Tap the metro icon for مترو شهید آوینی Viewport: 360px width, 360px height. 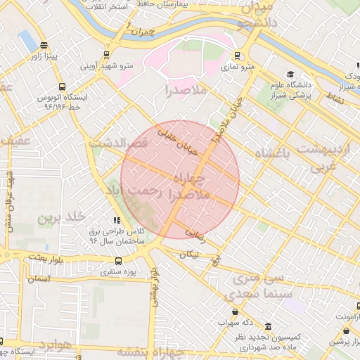click(x=106, y=54)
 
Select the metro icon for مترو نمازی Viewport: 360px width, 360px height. click(x=237, y=55)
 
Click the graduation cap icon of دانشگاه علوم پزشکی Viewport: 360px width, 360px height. click(x=290, y=75)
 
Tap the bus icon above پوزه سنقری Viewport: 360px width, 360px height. click(x=118, y=259)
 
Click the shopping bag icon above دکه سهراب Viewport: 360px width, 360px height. click(x=234, y=312)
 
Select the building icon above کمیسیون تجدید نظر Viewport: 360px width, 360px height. click(x=268, y=327)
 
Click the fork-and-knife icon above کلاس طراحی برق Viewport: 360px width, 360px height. click(x=117, y=220)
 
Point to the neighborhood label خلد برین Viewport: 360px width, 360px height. click(x=61, y=217)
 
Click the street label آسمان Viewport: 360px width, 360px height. click(x=39, y=279)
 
